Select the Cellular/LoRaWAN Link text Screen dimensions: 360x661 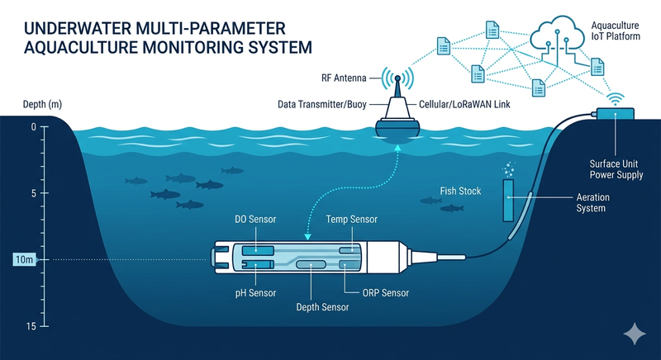468,105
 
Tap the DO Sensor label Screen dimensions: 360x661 256,219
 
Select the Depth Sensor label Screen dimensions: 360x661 322,307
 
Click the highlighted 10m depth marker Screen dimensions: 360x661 23,261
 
